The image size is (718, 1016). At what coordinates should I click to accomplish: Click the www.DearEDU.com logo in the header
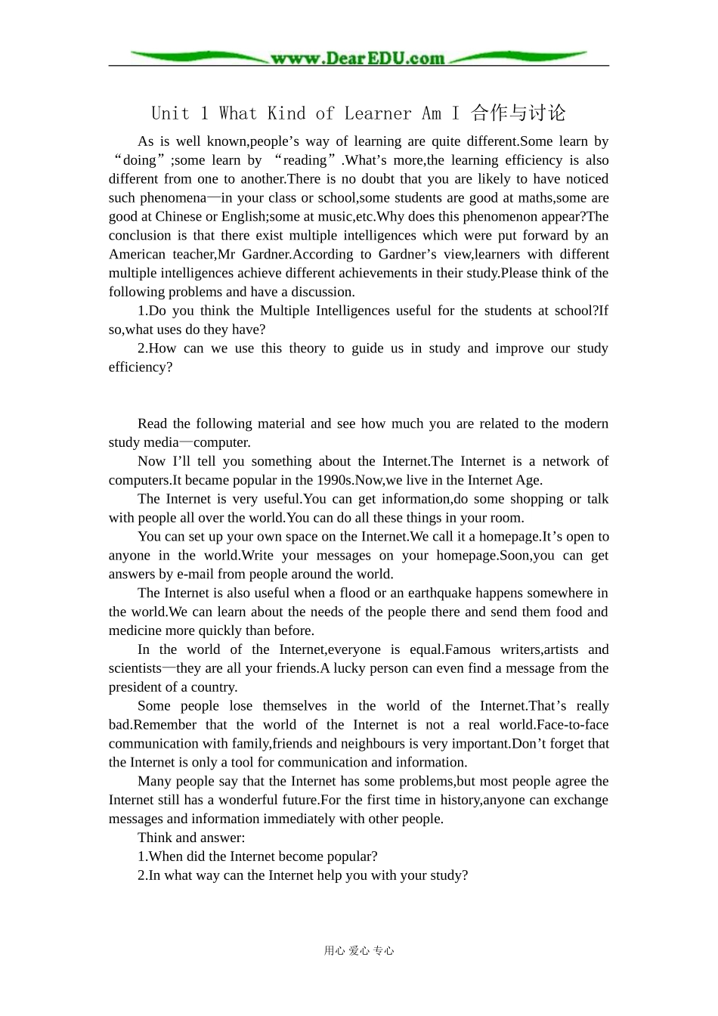(x=358, y=57)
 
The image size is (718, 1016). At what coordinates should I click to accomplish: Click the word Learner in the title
(x=378, y=113)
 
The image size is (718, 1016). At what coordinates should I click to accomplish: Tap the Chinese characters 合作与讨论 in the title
(x=518, y=113)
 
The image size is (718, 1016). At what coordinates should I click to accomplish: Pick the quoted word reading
(x=305, y=160)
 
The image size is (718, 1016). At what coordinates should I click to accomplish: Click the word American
(x=137, y=255)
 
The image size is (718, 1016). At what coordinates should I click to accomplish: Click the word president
(x=135, y=687)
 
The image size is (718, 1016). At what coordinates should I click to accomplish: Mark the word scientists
(x=135, y=668)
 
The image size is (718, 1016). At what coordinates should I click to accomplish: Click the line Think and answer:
(x=191, y=838)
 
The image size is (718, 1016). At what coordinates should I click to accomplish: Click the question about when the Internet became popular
(x=258, y=856)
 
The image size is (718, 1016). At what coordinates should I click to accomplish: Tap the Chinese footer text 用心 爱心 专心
(x=359, y=951)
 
